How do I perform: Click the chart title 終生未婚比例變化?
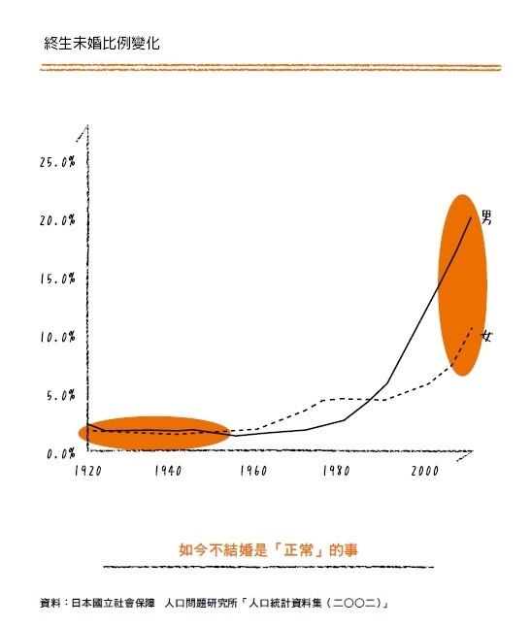click(102, 44)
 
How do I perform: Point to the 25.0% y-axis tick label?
click(57, 162)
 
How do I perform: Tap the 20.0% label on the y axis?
click(57, 220)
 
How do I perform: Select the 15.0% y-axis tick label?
click(57, 279)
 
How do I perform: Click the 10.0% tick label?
click(57, 337)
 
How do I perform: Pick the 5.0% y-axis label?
click(61, 395)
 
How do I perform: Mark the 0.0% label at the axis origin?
click(61, 454)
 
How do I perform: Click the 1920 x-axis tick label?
click(88, 471)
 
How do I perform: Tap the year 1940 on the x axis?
click(168, 471)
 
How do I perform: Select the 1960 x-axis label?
click(253, 471)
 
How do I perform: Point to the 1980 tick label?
click(336, 471)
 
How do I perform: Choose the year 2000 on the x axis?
click(424, 471)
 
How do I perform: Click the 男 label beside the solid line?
click(486, 217)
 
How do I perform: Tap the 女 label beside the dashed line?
click(486, 336)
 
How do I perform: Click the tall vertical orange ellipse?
click(462, 285)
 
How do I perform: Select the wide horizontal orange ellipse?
click(154, 433)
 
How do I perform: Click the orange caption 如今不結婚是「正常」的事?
click(268, 549)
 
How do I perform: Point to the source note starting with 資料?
click(214, 603)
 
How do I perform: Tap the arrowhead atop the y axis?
click(83, 132)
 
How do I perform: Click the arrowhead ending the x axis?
click(465, 454)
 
